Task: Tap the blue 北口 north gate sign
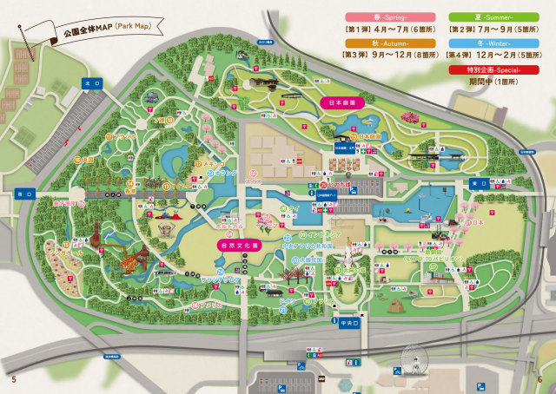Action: click(x=86, y=83)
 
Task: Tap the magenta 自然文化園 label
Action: click(x=239, y=246)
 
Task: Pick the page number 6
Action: click(x=539, y=379)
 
